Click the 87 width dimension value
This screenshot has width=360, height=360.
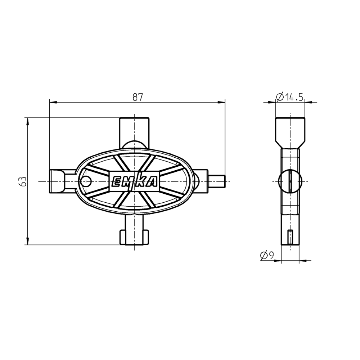[138, 96]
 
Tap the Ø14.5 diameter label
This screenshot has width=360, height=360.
[290, 96]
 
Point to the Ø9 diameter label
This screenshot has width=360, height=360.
[267, 255]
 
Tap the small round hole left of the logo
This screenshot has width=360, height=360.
[85, 181]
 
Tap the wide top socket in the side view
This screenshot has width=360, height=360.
[290, 131]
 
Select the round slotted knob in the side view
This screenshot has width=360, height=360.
[289, 181]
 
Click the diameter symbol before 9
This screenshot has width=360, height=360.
[263, 255]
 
